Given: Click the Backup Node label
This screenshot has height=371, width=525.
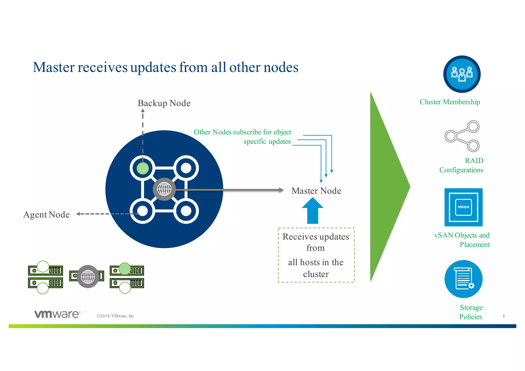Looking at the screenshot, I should pyautogui.click(x=164, y=103).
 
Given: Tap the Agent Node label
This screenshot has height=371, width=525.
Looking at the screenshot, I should pyautogui.click(x=46, y=215).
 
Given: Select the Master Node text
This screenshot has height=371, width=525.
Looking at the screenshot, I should pyautogui.click(x=316, y=191).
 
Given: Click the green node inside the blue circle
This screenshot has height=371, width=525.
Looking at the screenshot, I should pyautogui.click(x=143, y=168).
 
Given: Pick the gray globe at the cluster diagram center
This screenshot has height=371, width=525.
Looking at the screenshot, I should pyautogui.click(x=164, y=189).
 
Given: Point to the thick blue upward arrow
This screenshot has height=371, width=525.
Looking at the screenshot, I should pyautogui.click(x=312, y=211).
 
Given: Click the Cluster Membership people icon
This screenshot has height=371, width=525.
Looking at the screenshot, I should pyautogui.click(x=462, y=74).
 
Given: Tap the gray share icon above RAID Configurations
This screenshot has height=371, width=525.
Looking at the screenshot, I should pyautogui.click(x=462, y=136).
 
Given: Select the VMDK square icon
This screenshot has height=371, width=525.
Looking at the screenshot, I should pyautogui.click(x=463, y=207).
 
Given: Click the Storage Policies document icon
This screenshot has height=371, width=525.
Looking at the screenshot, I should pyautogui.click(x=463, y=279).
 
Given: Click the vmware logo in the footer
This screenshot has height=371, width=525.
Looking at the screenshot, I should pyautogui.click(x=57, y=314).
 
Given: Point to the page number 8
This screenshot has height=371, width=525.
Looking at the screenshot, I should pyautogui.click(x=503, y=316).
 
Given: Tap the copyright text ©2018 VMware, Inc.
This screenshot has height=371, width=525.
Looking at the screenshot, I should pyautogui.click(x=116, y=316).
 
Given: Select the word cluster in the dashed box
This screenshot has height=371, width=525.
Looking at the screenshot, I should pyautogui.click(x=316, y=274).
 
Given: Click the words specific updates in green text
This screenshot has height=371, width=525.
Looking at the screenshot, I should pyautogui.click(x=267, y=142).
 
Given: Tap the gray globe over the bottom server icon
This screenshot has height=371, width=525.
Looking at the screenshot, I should pyautogui.click(x=88, y=276).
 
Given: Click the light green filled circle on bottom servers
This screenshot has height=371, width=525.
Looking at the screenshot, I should pyautogui.click(x=125, y=269).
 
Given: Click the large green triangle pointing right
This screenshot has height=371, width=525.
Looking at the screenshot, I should pyautogui.click(x=387, y=187).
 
